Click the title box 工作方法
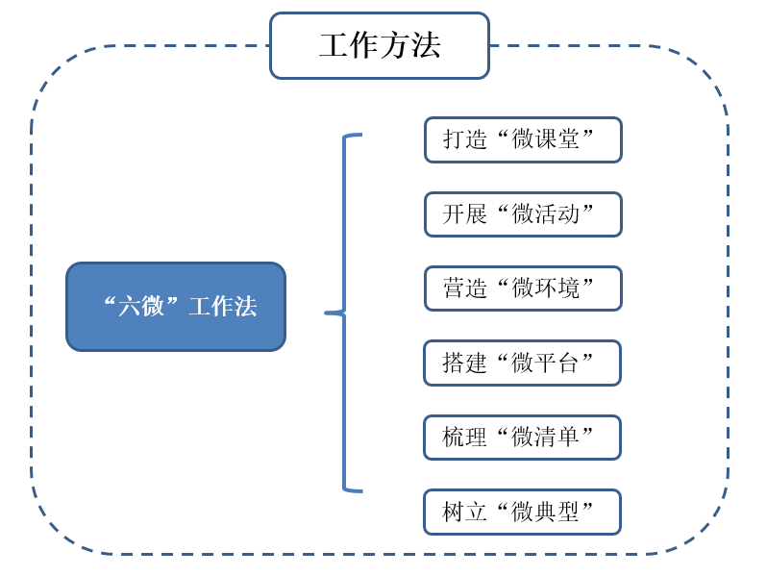pyautogui.click(x=379, y=45)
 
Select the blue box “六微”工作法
pyautogui.click(x=176, y=307)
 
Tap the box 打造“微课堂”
pyautogui.click(x=523, y=139)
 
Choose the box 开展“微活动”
pyautogui.click(x=523, y=213)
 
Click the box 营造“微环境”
pyautogui.click(x=523, y=288)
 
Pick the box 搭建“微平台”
pyautogui.click(x=522, y=363)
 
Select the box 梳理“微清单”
pyautogui.click(x=522, y=438)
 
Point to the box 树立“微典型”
pyautogui.click(x=522, y=512)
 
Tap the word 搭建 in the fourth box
pyautogui.click(x=465, y=363)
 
